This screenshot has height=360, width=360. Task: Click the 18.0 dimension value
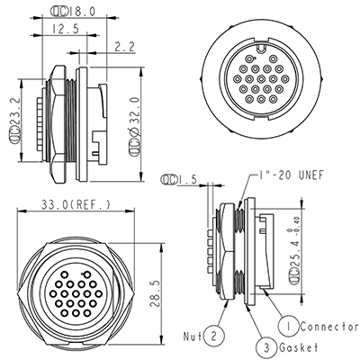[x=82, y=12]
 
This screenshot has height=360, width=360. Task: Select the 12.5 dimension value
[x=66, y=29]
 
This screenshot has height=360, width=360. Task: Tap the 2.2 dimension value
[x=124, y=47]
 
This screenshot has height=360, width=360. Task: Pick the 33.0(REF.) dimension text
[x=76, y=204]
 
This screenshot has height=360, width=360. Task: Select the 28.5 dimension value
[x=155, y=294]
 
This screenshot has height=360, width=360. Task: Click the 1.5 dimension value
[x=187, y=180]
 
